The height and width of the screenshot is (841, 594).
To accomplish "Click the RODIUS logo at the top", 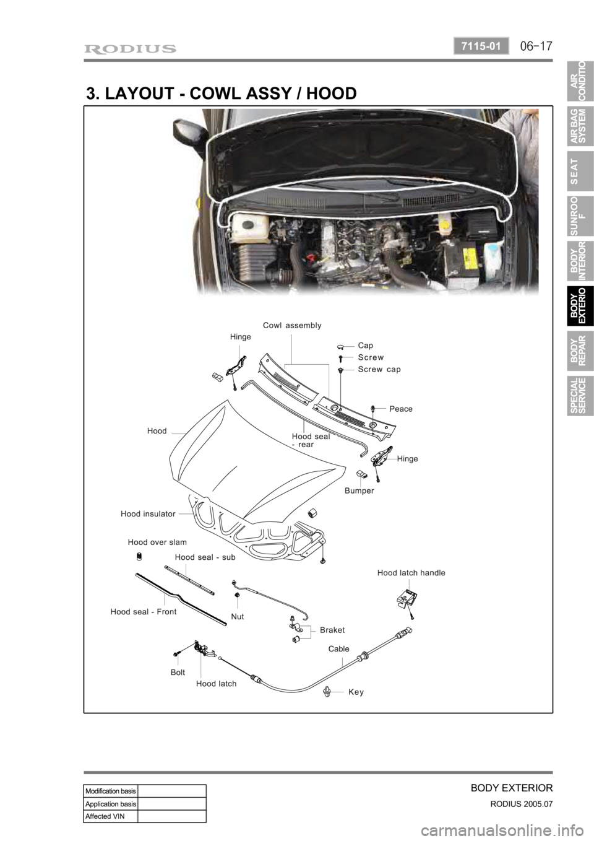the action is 130,49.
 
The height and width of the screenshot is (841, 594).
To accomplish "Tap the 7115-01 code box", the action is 481,46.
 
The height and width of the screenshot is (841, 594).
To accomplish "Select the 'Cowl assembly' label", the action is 292,325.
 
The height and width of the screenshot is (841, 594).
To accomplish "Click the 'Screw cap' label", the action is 379,370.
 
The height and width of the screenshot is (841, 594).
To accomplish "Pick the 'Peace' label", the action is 401,409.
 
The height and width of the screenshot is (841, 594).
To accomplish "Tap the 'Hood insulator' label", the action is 148,513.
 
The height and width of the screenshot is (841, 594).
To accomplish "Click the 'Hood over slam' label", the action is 157,542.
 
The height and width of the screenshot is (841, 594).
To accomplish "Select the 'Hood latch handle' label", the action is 411,573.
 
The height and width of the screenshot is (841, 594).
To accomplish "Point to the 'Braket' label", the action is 332,630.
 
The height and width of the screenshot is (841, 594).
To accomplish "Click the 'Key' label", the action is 356,692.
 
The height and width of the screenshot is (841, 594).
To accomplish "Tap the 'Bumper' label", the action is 359,490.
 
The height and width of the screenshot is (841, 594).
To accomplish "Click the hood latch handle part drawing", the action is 407,599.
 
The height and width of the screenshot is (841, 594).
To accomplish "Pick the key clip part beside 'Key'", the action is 327,691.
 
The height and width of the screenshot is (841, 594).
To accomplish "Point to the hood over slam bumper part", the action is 139,556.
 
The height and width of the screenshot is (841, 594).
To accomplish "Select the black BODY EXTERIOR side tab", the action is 580,305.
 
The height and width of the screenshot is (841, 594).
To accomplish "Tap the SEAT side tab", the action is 580,171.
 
